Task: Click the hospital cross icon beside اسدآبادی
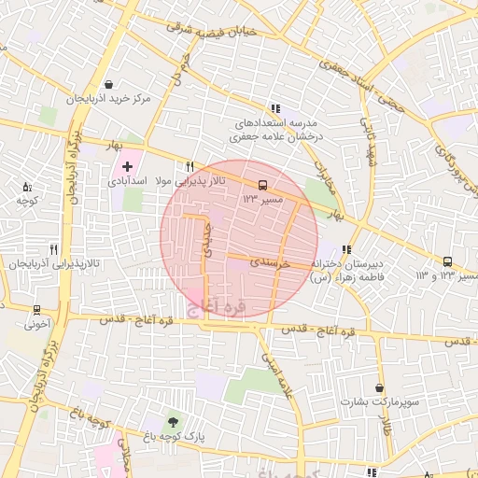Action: (127, 166)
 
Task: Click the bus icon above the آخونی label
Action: (36, 309)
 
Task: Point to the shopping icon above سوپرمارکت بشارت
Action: (379, 387)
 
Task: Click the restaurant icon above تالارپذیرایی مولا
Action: (190, 165)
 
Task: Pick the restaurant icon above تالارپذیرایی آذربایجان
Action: (53, 249)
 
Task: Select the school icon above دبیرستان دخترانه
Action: (347, 249)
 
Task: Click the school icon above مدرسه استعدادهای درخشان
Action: (274, 108)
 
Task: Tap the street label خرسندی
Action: (272, 265)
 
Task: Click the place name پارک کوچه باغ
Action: (175, 436)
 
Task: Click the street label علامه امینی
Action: (279, 373)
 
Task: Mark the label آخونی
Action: (37, 326)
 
